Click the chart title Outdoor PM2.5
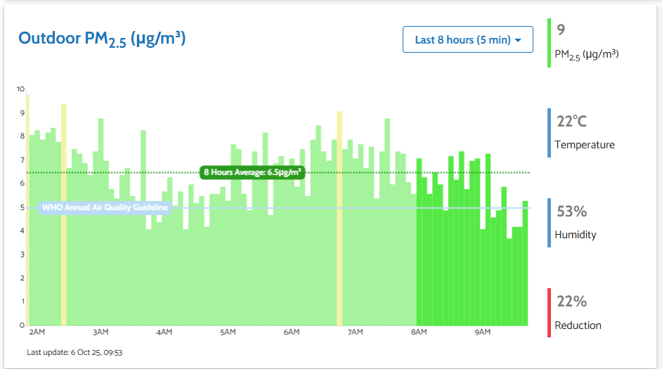(102, 39)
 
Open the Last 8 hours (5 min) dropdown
(468, 39)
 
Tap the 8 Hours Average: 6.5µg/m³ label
(252, 172)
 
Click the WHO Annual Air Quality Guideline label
(105, 207)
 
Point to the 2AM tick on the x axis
(37, 332)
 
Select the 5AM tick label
(228, 332)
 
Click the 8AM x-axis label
(419, 332)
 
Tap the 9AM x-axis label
(482, 332)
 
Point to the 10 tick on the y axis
(20, 89)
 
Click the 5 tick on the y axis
(21, 207)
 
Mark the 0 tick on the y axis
(21, 325)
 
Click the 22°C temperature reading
(571, 122)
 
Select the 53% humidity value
(571, 212)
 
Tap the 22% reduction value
(571, 302)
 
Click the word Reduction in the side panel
(578, 325)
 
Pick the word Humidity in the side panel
(575, 235)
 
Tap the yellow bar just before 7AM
(339, 218)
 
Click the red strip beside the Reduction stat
(550, 313)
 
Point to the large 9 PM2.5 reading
(561, 30)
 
